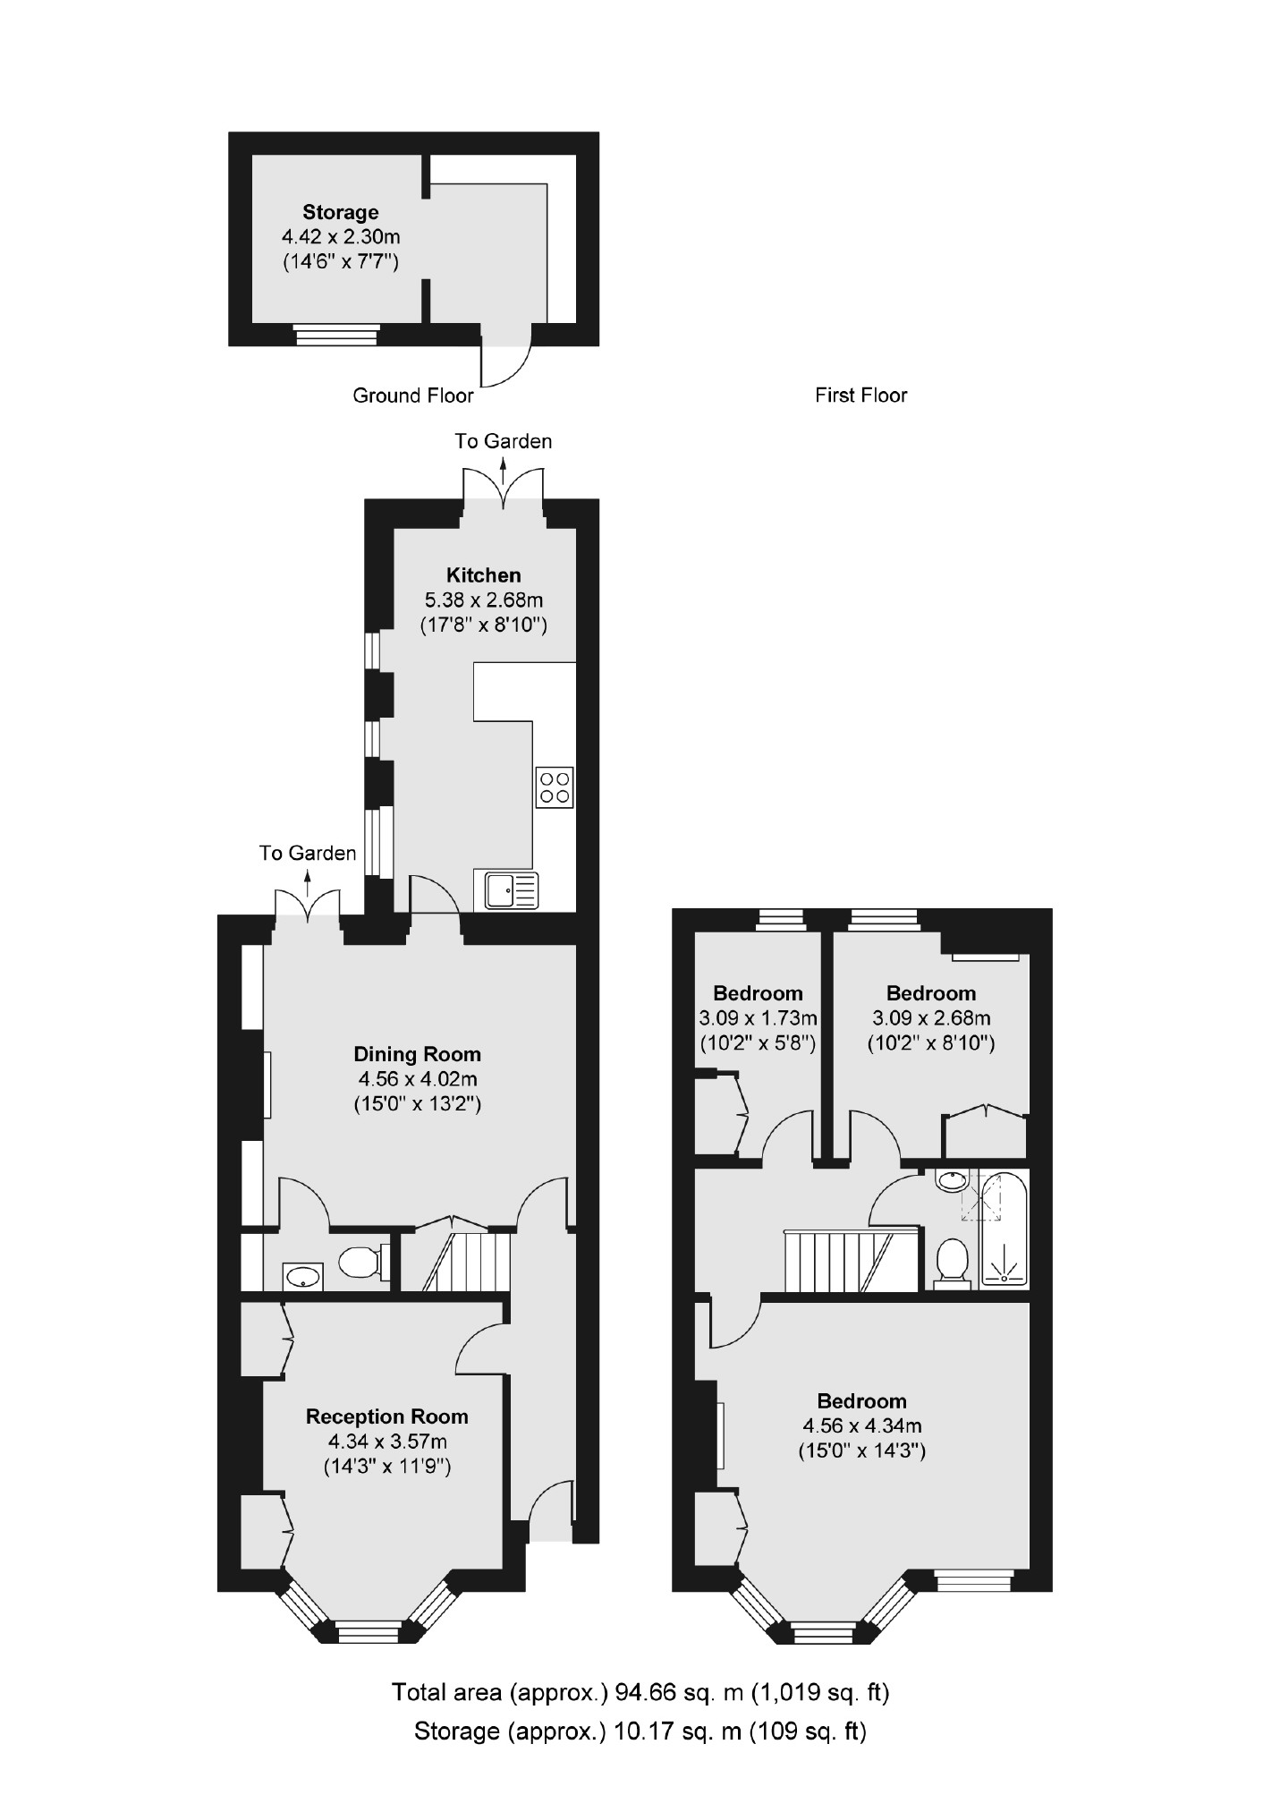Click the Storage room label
click(340, 213)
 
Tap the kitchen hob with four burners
click(555, 787)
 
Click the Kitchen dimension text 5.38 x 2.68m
click(483, 600)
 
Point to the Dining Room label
click(417, 1054)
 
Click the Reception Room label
click(386, 1416)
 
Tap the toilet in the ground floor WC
click(360, 1262)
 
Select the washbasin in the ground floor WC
click(303, 1275)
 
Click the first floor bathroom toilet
click(952, 1260)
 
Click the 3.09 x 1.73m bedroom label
click(757, 993)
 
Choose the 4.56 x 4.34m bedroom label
click(861, 1401)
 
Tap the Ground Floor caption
click(412, 396)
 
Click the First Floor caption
click(860, 396)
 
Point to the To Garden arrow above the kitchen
click(503, 466)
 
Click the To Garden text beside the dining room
click(308, 854)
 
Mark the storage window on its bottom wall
click(336, 336)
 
